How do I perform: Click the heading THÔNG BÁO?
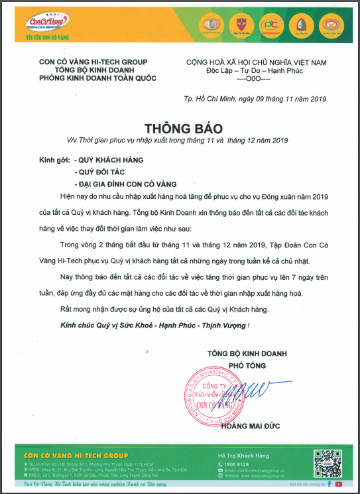(180, 127)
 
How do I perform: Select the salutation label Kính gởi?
(54, 160)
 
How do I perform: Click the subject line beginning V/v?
(179, 140)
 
